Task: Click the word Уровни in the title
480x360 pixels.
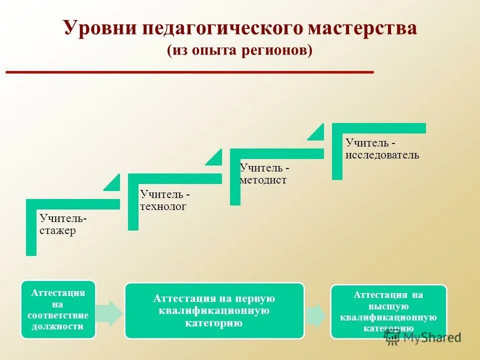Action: coord(100,28)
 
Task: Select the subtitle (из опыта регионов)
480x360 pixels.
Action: coord(239,50)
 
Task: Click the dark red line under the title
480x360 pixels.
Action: coord(189,72)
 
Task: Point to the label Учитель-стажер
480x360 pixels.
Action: coord(63,224)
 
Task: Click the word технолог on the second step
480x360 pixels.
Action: coord(163,206)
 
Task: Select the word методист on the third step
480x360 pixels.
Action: coord(263,180)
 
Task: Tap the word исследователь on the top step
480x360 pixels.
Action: coord(382,155)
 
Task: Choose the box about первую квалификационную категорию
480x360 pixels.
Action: coord(214,310)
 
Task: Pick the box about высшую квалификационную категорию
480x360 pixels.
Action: coord(388,311)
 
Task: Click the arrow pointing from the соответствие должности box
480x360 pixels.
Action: coord(109,313)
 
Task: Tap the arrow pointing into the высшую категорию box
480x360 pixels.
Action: coord(316,315)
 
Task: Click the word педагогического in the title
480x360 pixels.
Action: coord(223,28)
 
